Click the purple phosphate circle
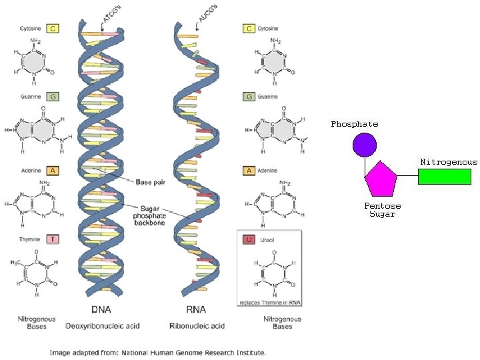click(x=365, y=145)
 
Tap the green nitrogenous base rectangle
click(x=444, y=176)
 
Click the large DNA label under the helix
click(x=101, y=309)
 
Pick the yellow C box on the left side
click(x=53, y=28)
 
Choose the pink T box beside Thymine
click(x=53, y=239)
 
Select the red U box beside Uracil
click(x=249, y=239)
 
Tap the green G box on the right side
click(x=249, y=96)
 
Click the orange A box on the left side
click(x=53, y=171)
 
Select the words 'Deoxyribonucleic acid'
click(x=101, y=326)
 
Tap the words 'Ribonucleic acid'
click(x=197, y=326)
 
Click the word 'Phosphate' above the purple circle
click(x=355, y=124)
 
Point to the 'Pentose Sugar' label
click(x=382, y=210)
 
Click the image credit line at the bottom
click(x=157, y=352)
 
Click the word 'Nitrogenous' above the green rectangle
click(x=448, y=162)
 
